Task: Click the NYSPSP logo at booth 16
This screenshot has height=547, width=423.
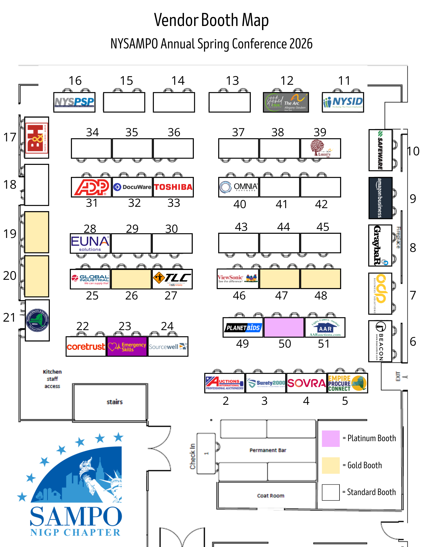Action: (x=74, y=102)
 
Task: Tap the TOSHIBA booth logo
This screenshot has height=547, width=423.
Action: (x=173, y=187)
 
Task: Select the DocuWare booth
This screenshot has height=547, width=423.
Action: (x=132, y=187)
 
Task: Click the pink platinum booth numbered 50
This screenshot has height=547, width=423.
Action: (x=284, y=327)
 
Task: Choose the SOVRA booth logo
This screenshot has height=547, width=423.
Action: (x=307, y=383)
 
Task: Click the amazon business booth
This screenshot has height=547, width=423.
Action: (x=380, y=198)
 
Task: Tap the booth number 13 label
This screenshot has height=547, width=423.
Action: (x=232, y=81)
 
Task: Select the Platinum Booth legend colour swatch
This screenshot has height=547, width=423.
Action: (x=331, y=438)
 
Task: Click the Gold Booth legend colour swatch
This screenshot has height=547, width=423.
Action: (x=331, y=465)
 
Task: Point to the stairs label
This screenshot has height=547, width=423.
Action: (x=114, y=402)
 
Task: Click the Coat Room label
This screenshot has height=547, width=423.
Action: (x=271, y=496)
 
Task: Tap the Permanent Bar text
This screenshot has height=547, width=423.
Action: (x=268, y=450)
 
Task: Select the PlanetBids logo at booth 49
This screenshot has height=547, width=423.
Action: (x=243, y=327)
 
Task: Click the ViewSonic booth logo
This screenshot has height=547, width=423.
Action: (x=238, y=279)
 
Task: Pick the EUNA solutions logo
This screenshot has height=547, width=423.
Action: (x=90, y=243)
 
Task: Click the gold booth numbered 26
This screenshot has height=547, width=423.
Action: (x=131, y=279)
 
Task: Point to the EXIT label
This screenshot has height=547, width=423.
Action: (x=398, y=376)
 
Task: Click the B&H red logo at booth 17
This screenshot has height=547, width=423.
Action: (x=37, y=138)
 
